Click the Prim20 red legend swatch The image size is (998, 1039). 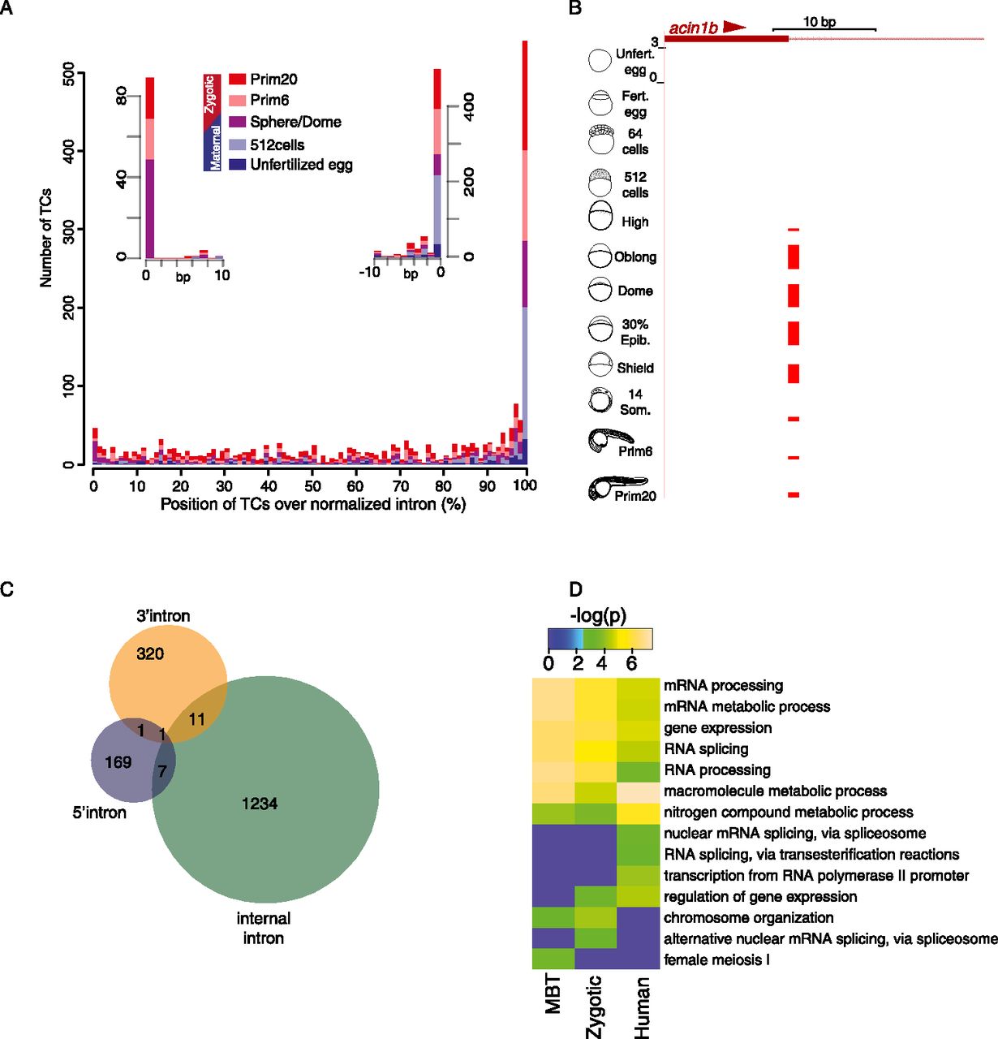point(238,79)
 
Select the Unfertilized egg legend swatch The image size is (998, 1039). point(238,165)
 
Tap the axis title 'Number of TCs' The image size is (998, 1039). point(45,238)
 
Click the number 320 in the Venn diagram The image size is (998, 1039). point(150,653)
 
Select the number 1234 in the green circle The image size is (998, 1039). point(260,804)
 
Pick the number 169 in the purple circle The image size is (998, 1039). point(118,762)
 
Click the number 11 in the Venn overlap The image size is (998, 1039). point(197,720)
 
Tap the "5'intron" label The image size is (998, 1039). point(99,813)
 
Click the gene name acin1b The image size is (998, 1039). point(693,28)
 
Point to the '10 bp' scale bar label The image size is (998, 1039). point(819,22)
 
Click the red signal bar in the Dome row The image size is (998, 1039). point(794,295)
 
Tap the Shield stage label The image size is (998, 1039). point(635,368)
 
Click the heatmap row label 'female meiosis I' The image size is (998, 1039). point(716,960)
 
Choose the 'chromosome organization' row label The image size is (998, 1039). point(748,918)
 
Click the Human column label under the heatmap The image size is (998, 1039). point(642,1007)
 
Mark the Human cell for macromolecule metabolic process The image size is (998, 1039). point(639,791)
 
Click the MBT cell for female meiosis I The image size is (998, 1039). point(553,960)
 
